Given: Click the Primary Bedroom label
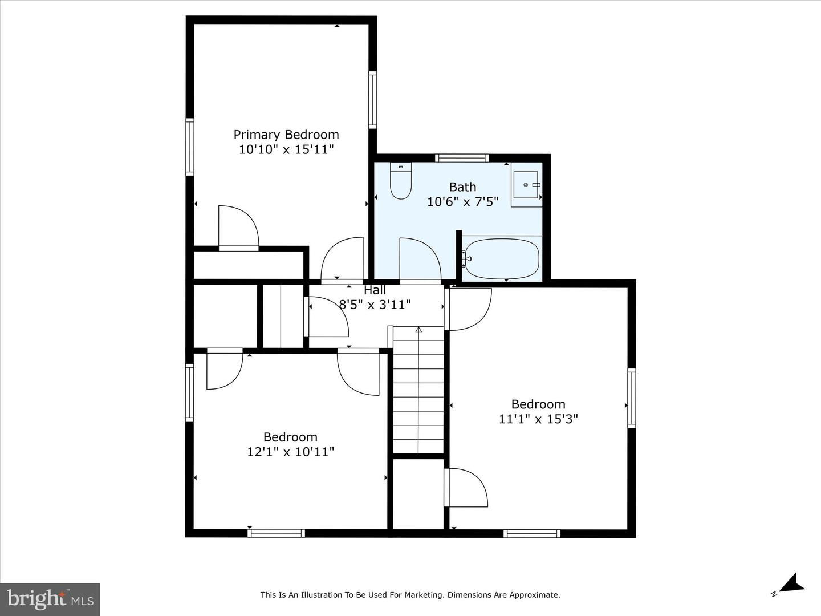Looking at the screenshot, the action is pos(286,135).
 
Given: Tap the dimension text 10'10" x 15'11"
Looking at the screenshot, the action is pos(286,149).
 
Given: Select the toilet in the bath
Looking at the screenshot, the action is pos(401,180).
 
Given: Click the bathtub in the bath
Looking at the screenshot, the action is pos(501,258).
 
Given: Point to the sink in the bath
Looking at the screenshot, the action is pos(526,185).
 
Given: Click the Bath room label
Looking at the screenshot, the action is pos(463,187).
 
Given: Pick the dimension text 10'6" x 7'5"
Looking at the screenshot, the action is pos(463,202).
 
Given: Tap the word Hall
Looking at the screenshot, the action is pos(375,290).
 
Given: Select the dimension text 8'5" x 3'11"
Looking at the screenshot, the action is pos(375,305).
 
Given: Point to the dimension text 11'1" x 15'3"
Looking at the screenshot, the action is pos(538,419).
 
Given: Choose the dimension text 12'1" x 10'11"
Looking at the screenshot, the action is pos(290,451).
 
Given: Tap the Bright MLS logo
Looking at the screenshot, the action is pos(50,599).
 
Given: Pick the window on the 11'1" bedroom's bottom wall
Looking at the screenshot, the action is pos(531,533).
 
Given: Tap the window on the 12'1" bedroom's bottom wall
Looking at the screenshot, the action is pos(276,533).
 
